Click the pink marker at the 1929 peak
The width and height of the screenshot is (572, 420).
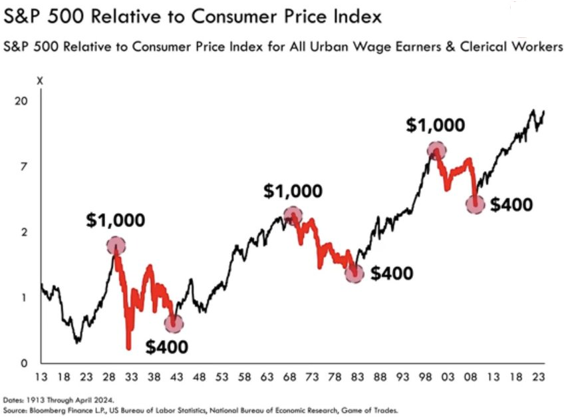pyautogui.click(x=116, y=246)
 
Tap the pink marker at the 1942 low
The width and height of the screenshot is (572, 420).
pyautogui.click(x=174, y=323)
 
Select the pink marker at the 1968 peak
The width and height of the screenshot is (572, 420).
pyautogui.click(x=293, y=215)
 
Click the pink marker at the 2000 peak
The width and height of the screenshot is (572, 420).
pyautogui.click(x=437, y=150)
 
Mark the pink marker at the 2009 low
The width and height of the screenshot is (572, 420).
pyautogui.click(x=475, y=204)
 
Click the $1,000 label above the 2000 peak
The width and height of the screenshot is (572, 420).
pyautogui.click(x=437, y=125)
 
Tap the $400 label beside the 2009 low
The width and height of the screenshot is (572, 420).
pyautogui.click(x=511, y=204)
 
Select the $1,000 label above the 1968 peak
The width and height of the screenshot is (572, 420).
pyautogui.click(x=293, y=191)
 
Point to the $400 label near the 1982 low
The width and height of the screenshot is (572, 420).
pyautogui.click(x=392, y=273)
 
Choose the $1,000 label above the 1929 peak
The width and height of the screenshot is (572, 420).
pyautogui.click(x=116, y=220)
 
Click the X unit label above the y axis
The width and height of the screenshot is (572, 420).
pyautogui.click(x=39, y=81)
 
